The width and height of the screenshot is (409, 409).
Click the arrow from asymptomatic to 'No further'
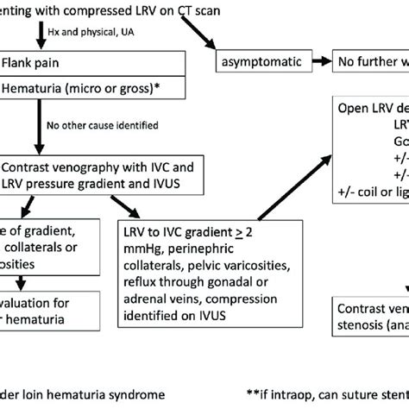tap(320, 61)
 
